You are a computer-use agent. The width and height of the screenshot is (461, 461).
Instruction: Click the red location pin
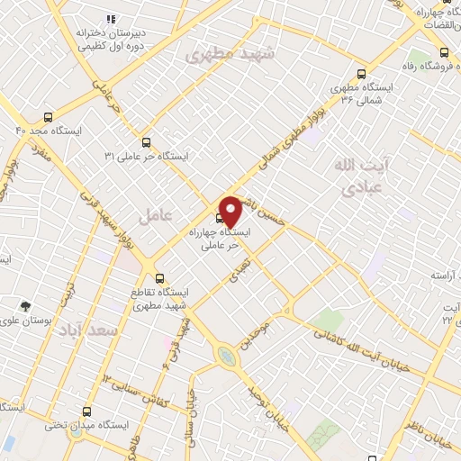click(230, 212)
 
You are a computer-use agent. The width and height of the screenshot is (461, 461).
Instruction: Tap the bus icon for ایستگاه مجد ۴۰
click(48, 117)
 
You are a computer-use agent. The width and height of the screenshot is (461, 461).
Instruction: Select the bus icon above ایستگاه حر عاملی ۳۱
click(146, 142)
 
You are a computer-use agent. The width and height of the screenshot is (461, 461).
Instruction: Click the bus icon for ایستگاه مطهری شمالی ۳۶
click(362, 75)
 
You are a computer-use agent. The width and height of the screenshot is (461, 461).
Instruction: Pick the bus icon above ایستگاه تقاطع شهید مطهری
click(159, 277)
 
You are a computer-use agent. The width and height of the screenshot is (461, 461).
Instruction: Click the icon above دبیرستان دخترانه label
click(112, 19)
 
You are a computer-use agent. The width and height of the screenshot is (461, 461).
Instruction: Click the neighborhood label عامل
click(154, 216)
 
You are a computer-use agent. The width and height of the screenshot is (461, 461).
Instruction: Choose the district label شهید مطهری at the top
click(221, 55)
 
